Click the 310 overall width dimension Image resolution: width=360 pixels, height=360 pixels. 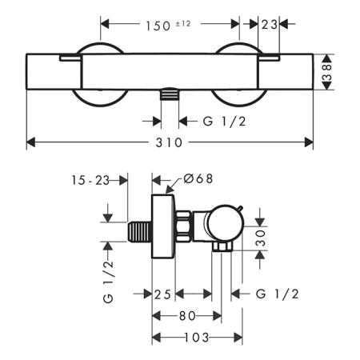pyautogui.click(x=169, y=142)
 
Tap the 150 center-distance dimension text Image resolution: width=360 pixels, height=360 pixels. pyautogui.click(x=158, y=26)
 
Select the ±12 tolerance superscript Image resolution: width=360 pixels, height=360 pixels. pyautogui.click(x=183, y=24)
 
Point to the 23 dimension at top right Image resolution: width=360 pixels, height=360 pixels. pyautogui.click(x=270, y=25)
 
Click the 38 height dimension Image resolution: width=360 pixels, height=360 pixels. pyautogui.click(x=327, y=72)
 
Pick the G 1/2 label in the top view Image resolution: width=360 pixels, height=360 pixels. pyautogui.click(x=224, y=122)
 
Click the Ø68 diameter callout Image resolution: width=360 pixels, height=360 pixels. pyautogui.click(x=198, y=178)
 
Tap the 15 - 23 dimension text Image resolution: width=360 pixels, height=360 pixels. pyautogui.click(x=90, y=181)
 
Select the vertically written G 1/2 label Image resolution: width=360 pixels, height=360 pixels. pyautogui.click(x=108, y=282)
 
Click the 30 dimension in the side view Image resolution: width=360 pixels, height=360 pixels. pyautogui.click(x=261, y=238)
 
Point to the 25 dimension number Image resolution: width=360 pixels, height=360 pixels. pyautogui.click(x=162, y=294)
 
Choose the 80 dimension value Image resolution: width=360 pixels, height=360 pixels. pyautogui.click(x=187, y=316)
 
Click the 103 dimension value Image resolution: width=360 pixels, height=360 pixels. pyautogui.click(x=197, y=338)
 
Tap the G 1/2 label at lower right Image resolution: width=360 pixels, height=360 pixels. pyautogui.click(x=278, y=294)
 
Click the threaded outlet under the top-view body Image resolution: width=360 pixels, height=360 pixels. pyautogui.click(x=170, y=94)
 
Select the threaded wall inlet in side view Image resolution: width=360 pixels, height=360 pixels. pyautogui.click(x=140, y=232)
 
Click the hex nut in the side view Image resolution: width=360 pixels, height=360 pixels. pyautogui.click(x=183, y=226)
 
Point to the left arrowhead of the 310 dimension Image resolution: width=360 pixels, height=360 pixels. pyautogui.click(x=31, y=142)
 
